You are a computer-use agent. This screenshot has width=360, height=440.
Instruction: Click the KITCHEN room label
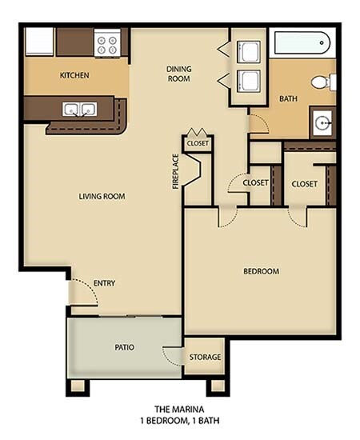click(x=74, y=76)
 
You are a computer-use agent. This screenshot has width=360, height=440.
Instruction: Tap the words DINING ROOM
click(x=178, y=74)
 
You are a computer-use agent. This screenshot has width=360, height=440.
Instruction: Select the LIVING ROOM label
click(x=102, y=196)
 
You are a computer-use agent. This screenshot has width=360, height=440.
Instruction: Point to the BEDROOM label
click(x=261, y=271)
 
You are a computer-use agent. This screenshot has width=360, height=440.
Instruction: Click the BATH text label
click(x=288, y=99)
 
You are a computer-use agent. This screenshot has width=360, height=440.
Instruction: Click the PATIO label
click(x=124, y=347)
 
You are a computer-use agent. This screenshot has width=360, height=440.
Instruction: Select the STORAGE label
click(x=205, y=358)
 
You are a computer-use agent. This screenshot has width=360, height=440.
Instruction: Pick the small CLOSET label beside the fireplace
click(x=197, y=143)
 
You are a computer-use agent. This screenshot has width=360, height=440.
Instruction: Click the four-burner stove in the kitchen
click(x=107, y=42)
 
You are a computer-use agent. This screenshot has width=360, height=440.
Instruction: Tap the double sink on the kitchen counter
click(x=78, y=110)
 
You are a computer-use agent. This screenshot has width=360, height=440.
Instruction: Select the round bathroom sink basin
click(x=324, y=123)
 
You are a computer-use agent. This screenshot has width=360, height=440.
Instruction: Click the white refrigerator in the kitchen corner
click(x=39, y=41)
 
